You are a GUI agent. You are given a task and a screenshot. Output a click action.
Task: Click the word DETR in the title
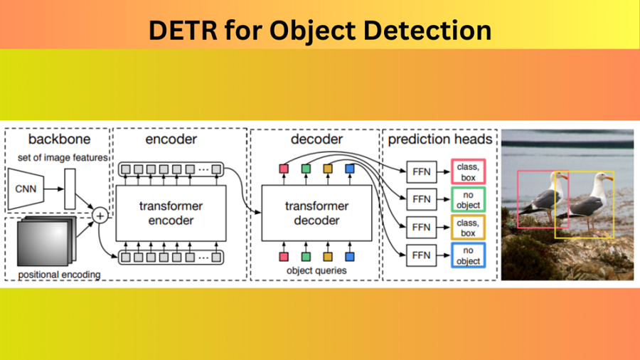[179, 31]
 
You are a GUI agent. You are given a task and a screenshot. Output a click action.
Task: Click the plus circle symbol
[100, 214]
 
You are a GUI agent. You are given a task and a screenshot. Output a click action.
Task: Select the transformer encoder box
[170, 213]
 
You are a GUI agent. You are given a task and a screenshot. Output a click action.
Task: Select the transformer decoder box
[316, 213]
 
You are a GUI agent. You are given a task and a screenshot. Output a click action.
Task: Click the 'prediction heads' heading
[440, 139]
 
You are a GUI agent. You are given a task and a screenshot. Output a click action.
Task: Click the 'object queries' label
[316, 270]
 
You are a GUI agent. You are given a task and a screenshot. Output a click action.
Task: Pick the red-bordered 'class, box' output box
[468, 171]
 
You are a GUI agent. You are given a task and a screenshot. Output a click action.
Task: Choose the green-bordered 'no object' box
[468, 199]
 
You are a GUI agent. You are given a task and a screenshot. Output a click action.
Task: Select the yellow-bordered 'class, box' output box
[468, 227]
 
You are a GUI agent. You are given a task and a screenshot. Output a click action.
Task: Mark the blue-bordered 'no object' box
[468, 255]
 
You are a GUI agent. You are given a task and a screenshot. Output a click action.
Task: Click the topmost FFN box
[421, 171]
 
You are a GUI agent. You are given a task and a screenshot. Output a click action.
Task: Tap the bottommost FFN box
[421, 255]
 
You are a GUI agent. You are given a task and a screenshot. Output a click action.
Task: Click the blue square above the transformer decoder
[349, 169]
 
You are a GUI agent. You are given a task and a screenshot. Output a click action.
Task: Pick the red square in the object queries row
[284, 256]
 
